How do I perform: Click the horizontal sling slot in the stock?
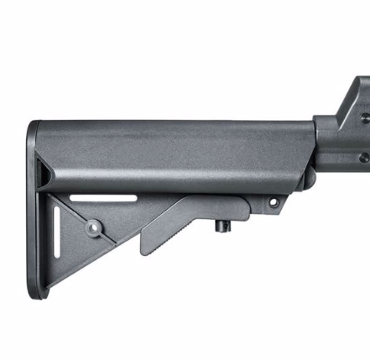tap(102, 198)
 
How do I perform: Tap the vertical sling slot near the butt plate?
tap(56, 232)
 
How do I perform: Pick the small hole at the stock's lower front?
tap(273, 202)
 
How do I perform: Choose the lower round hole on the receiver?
tap(362, 157)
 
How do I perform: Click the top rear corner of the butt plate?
tap(34, 126)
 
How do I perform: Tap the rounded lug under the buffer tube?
tap(309, 176)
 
